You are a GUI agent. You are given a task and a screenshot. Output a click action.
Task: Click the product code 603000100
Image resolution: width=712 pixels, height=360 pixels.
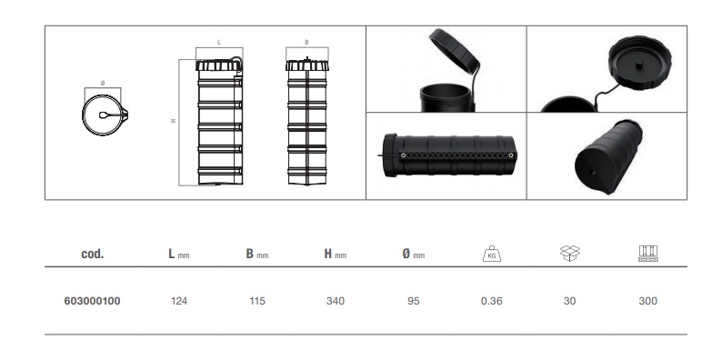[x=92, y=301]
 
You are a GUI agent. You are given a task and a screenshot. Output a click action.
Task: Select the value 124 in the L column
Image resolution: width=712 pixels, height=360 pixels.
[x=179, y=301]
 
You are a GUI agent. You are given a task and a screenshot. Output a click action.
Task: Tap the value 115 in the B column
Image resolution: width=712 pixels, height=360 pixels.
[x=257, y=301]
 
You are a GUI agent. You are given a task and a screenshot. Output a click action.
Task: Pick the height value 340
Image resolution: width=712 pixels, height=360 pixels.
[x=336, y=301]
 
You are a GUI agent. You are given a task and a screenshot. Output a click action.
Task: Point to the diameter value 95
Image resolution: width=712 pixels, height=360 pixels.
[x=413, y=301]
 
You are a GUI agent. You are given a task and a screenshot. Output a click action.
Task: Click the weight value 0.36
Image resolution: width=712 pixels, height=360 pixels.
[x=491, y=301]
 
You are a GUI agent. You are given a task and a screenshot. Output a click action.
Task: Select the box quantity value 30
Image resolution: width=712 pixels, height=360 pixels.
[x=569, y=301]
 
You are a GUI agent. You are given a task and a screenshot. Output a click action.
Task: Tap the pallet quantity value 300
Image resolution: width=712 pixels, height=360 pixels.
[x=647, y=301]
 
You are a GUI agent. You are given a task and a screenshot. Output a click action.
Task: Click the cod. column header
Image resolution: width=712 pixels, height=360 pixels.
[x=92, y=254]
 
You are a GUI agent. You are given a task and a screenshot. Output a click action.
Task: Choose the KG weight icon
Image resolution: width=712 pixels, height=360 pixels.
[x=491, y=254]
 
